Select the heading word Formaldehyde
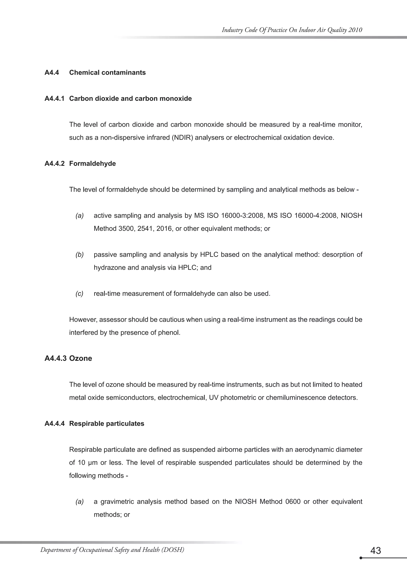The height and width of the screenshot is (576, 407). click(x=92, y=163)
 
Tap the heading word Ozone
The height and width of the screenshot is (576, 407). click(x=80, y=358)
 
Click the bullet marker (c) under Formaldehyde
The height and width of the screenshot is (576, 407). click(x=79, y=294)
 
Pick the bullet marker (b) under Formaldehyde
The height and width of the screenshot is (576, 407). click(x=79, y=255)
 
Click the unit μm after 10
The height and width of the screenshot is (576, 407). click(x=93, y=463)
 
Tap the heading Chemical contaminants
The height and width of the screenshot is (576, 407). click(x=107, y=73)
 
